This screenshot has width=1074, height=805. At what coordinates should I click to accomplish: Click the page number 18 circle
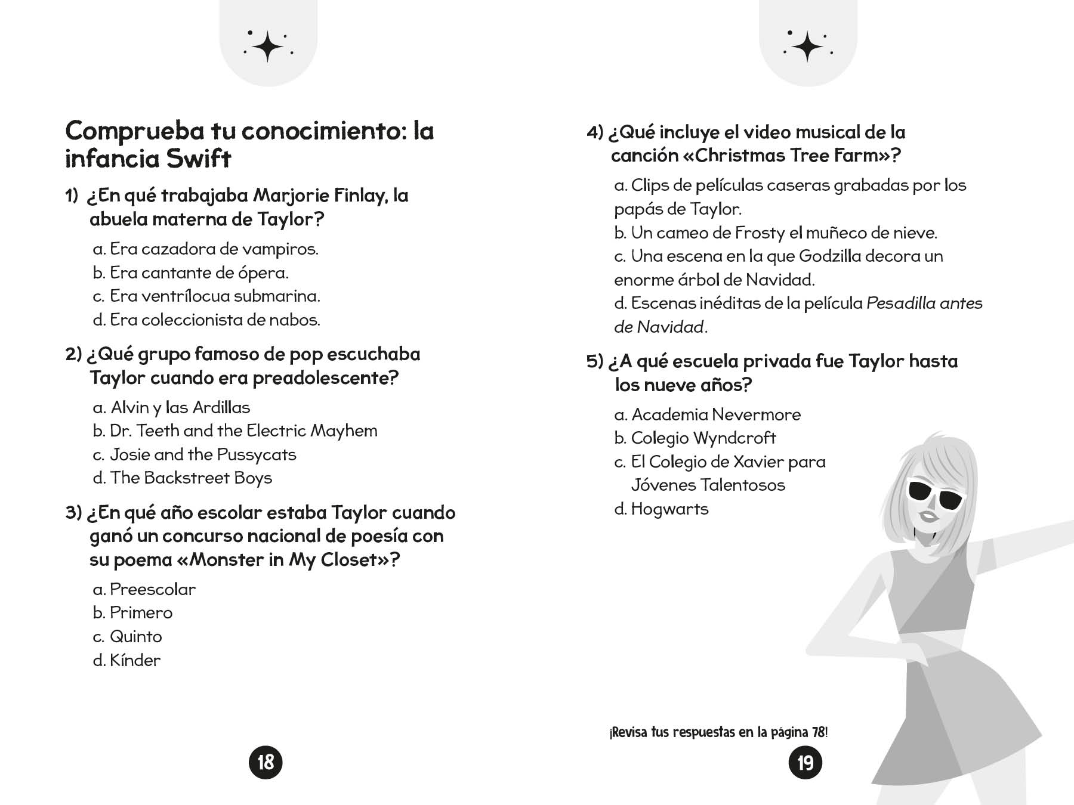[266, 762]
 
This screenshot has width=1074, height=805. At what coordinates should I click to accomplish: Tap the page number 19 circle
[805, 763]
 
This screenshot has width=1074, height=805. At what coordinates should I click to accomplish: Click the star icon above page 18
[268, 46]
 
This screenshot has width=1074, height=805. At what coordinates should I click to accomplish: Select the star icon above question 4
[808, 46]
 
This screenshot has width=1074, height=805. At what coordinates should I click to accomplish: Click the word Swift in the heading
[198, 159]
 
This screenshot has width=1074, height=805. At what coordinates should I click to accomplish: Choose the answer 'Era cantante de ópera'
[191, 273]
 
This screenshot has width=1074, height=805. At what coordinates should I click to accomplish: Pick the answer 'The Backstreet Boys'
[183, 478]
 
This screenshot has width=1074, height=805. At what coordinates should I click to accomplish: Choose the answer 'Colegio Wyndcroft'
[695, 438]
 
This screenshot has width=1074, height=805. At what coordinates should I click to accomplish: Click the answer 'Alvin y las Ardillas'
[172, 408]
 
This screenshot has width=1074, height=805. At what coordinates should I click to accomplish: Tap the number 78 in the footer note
[818, 732]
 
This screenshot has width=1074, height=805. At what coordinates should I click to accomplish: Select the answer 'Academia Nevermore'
[708, 414]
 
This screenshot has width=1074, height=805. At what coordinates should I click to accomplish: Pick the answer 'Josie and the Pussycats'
[195, 455]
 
